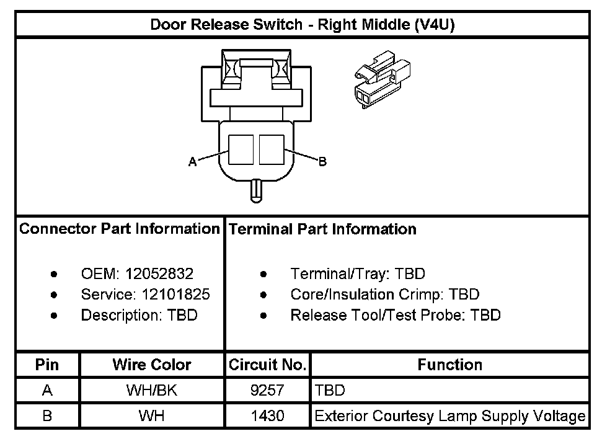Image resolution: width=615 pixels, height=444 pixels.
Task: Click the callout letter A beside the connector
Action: pyautogui.click(x=193, y=162)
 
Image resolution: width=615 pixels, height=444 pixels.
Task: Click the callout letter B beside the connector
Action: pyautogui.click(x=322, y=162)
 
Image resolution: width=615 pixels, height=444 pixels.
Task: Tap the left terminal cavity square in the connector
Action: pyautogui.click(x=241, y=149)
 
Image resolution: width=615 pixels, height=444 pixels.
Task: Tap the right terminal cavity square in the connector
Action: pyautogui.click(x=272, y=149)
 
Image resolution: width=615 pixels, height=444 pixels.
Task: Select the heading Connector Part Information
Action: pyautogui.click(x=120, y=229)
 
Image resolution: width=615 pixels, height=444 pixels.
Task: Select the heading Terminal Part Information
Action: pyautogui.click(x=322, y=229)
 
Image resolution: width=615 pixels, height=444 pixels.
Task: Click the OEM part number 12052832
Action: pyautogui.click(x=159, y=273)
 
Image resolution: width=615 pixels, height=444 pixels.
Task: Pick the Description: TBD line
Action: pyautogui.click(x=139, y=315)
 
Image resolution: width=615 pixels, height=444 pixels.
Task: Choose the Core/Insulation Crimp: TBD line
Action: pyautogui.click(x=384, y=295)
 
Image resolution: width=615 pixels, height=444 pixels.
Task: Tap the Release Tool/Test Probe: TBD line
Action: pyautogui.click(x=395, y=315)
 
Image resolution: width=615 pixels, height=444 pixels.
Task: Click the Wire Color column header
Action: pyautogui.click(x=151, y=365)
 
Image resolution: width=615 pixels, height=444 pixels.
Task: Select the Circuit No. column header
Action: pyautogui.click(x=267, y=365)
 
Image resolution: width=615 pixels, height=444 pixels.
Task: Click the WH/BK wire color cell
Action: pyautogui.click(x=151, y=391)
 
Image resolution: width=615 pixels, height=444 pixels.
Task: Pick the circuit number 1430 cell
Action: pyautogui.click(x=267, y=415)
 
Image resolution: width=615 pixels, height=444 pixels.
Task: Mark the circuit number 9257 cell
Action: pyautogui.click(x=267, y=391)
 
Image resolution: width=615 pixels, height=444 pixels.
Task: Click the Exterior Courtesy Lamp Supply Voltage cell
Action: pyautogui.click(x=449, y=415)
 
